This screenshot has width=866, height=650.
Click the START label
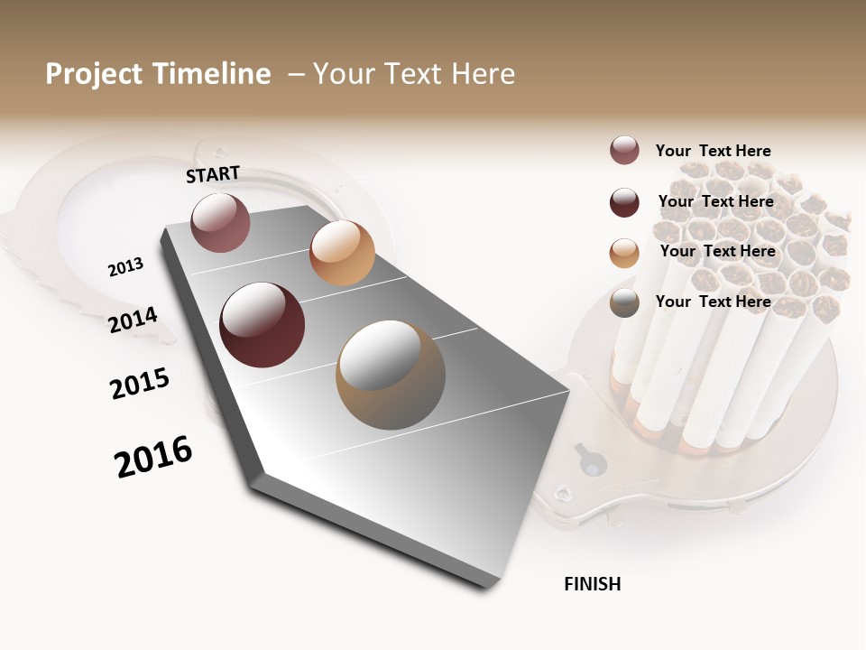point(213,174)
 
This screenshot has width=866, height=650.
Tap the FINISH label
point(592,584)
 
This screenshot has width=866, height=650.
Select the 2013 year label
point(125,267)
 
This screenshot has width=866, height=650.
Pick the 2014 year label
point(133,320)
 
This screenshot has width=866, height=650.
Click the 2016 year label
point(153,457)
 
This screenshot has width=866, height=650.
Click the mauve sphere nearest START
point(220,222)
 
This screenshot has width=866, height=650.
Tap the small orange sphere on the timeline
point(342,253)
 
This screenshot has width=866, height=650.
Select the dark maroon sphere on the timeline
point(262,325)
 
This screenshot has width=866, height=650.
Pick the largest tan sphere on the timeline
point(391,375)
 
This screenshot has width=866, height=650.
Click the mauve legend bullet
point(624,151)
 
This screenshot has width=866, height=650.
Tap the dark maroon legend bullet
point(624,202)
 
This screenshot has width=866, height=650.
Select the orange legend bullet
point(624,253)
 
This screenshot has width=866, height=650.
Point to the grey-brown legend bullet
point(624,303)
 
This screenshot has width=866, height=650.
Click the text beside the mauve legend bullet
point(713,151)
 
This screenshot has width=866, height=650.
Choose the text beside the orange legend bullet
point(717,251)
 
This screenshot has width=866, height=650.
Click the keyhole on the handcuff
point(592,462)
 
